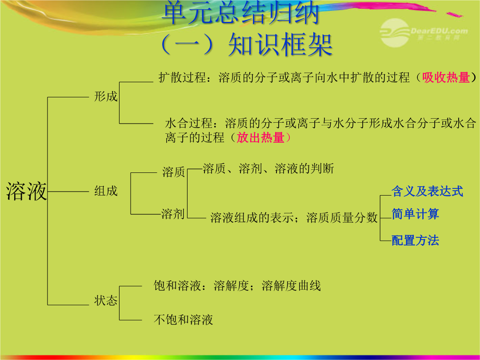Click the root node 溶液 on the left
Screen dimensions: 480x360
[26, 191]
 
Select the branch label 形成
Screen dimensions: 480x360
[106, 96]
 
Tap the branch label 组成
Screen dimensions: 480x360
[106, 191]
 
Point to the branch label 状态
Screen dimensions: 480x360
[106, 300]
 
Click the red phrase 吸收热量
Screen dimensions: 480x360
[446, 77]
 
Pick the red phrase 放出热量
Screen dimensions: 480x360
[260, 137]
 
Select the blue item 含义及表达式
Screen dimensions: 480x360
[428, 191]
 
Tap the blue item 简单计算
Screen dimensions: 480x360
[416, 214]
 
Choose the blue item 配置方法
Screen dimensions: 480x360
[416, 240]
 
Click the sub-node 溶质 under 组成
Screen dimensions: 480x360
[174, 172]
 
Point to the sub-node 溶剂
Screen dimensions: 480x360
[173, 214]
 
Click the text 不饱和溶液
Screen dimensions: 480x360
[184, 320]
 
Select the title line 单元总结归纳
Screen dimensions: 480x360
[240, 13]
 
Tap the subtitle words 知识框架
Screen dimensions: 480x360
[280, 45]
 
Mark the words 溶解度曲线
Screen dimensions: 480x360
[292, 286]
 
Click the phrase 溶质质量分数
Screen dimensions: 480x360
[342, 218]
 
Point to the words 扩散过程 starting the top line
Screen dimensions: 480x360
[182, 77]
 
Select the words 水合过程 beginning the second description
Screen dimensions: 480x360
[189, 123]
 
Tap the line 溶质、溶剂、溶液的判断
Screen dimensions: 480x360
[268, 169]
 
